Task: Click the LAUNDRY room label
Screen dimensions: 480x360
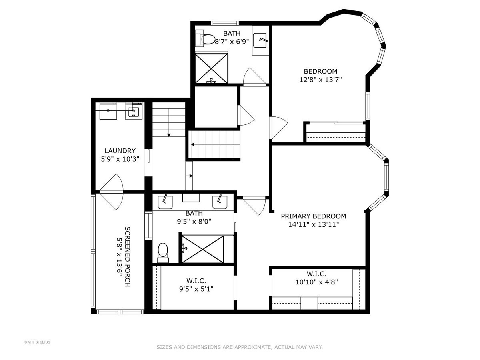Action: (120, 151)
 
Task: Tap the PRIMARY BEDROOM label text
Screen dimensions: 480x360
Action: (313, 216)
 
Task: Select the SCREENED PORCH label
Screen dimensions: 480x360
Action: (127, 257)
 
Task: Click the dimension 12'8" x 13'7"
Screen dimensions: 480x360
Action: (320, 80)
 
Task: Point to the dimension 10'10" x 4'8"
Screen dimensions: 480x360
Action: (317, 282)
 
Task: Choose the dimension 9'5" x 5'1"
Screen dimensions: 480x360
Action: (196, 289)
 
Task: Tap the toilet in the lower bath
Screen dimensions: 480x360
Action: (163, 253)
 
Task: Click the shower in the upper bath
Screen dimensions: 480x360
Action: (211, 68)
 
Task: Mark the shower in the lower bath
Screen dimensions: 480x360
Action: (203, 249)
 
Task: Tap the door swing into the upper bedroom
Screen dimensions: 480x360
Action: (278, 128)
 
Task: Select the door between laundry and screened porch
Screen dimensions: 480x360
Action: (112, 192)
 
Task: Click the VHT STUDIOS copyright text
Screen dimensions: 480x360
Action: (37, 342)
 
